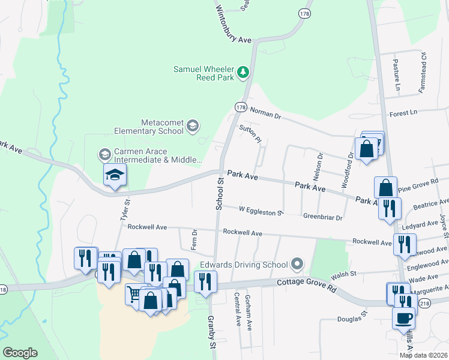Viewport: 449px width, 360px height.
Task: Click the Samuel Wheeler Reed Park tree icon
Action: point(243,73)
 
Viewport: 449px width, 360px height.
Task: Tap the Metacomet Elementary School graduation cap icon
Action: point(193,125)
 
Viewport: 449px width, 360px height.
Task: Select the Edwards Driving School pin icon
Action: point(296,264)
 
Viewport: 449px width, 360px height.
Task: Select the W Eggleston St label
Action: point(260,211)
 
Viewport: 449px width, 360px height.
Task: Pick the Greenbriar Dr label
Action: point(322,217)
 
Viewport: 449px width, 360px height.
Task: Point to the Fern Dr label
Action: point(194,239)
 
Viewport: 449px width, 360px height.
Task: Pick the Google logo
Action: point(20,353)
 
